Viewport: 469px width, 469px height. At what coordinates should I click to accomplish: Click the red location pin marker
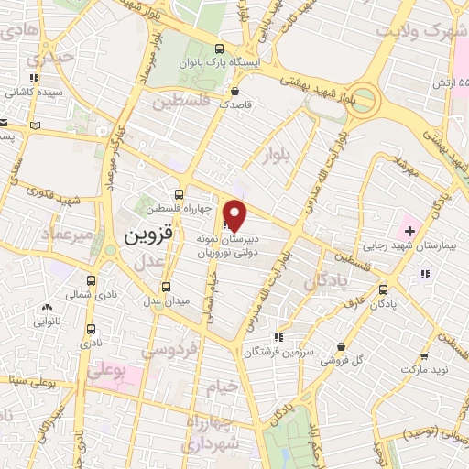[235, 213]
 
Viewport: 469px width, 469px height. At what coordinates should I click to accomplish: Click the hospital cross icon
[409, 229]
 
